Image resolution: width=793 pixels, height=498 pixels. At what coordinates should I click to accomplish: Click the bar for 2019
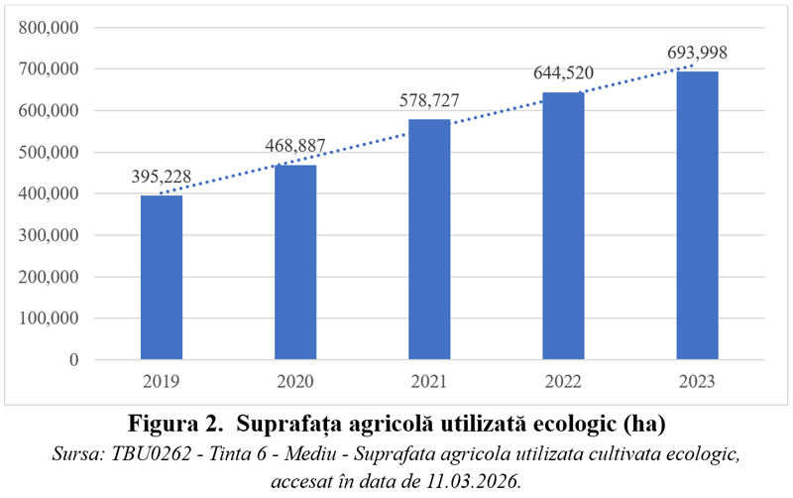(x=162, y=277)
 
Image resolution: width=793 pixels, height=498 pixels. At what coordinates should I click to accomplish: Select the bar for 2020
(x=295, y=262)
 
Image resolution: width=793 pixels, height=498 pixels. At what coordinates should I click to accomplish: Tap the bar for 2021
(x=429, y=239)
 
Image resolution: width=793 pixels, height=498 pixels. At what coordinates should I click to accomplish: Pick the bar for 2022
(x=563, y=225)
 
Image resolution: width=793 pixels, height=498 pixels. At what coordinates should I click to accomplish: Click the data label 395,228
(x=162, y=177)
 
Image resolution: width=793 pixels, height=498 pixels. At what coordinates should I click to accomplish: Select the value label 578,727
(x=429, y=100)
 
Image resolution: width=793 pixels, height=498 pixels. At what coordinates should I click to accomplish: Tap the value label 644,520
(x=563, y=72)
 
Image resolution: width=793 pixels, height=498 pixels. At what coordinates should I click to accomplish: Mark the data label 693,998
(x=697, y=52)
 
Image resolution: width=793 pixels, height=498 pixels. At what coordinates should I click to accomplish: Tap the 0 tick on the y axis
(x=73, y=360)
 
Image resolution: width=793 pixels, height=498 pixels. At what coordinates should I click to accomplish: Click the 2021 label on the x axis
(x=429, y=380)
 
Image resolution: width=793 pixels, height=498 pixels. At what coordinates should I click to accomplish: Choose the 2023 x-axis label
(x=697, y=380)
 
